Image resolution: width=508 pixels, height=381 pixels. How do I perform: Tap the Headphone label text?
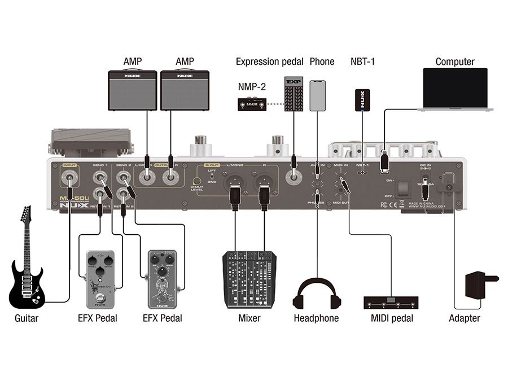[x=316, y=318]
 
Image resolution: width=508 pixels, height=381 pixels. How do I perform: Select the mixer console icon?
[x=249, y=280]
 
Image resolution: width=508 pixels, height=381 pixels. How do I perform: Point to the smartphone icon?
[x=318, y=95]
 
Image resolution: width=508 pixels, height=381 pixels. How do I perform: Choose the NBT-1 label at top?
[x=362, y=62]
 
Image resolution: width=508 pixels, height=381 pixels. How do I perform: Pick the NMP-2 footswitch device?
[x=252, y=104]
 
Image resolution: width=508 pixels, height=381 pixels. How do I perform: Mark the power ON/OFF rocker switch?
[x=401, y=187]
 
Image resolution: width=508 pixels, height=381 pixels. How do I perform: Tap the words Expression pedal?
[x=270, y=62]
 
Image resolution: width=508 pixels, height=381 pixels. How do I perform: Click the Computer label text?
[x=455, y=62]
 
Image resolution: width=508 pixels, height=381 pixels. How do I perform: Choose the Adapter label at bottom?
[x=464, y=318]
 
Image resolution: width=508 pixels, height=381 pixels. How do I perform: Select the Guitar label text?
[x=27, y=318]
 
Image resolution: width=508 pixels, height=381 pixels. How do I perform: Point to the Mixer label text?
[x=249, y=318]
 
